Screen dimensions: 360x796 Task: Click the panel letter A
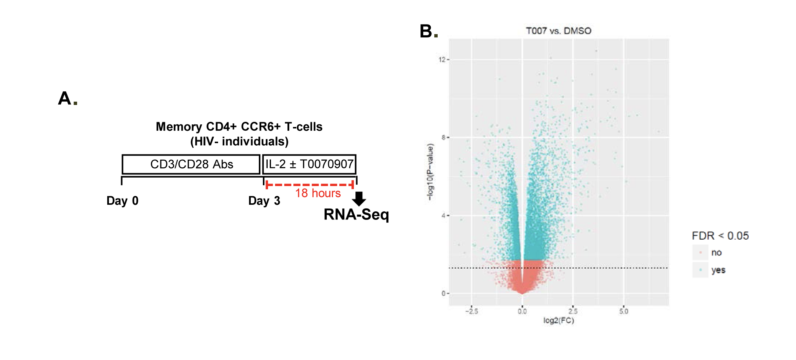[x=65, y=98]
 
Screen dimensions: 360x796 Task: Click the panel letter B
[x=426, y=31]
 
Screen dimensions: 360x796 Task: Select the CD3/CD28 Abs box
[x=191, y=164]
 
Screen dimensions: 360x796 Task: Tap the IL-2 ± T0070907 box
[x=309, y=164]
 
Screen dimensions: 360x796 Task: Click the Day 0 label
[x=122, y=201]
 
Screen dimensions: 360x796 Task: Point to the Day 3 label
[x=264, y=201]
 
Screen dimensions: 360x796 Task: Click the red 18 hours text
[x=318, y=193]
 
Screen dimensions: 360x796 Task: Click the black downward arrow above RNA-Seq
[x=359, y=199]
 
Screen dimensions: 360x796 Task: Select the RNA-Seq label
[x=356, y=215]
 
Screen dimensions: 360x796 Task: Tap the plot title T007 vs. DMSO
[x=558, y=31]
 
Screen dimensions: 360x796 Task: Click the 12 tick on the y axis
[x=442, y=59]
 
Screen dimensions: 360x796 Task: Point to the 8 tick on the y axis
[x=444, y=138]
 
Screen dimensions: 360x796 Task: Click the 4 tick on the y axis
[x=444, y=215]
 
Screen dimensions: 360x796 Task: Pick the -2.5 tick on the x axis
[x=472, y=312]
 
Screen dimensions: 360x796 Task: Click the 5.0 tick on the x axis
[x=624, y=312]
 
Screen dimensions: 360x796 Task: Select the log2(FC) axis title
[x=558, y=320]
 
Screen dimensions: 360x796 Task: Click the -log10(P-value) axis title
[x=430, y=172]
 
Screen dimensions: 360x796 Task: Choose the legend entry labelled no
[x=716, y=252]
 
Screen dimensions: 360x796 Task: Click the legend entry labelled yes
[x=718, y=270]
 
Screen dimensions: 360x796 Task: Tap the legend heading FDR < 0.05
[x=720, y=236]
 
